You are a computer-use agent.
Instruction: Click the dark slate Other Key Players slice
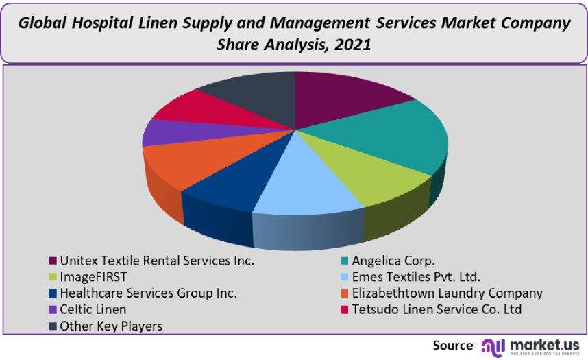pyautogui.click(x=250, y=93)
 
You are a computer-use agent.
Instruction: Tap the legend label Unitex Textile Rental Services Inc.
pyautogui.click(x=157, y=261)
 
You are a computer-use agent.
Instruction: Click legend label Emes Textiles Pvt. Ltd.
pyautogui.click(x=416, y=277)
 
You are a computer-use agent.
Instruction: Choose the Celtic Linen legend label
pyautogui.click(x=93, y=310)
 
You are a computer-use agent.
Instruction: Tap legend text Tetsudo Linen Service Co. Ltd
pyautogui.click(x=437, y=310)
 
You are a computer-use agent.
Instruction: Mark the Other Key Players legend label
pyautogui.click(x=111, y=326)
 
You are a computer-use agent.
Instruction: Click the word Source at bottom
pyautogui.click(x=452, y=346)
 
